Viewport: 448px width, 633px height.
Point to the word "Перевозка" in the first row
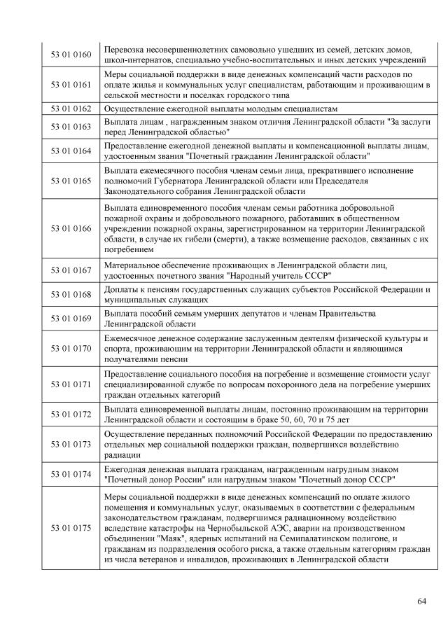click(x=125, y=49)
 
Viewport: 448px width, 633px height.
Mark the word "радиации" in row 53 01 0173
click(x=120, y=453)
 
